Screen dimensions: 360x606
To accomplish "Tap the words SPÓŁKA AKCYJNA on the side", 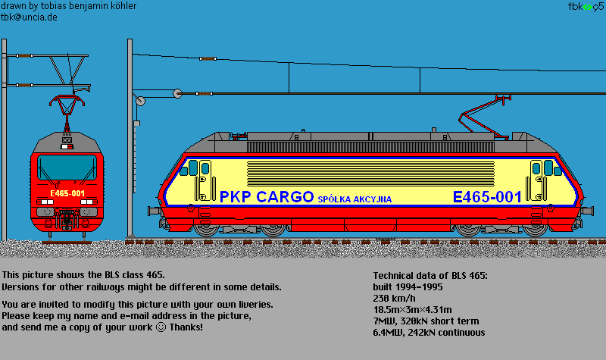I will click(355, 199).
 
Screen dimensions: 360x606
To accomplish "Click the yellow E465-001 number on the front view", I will click(67, 194).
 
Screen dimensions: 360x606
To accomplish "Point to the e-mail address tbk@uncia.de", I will click(30, 16).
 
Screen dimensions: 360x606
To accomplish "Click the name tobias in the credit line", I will click(61, 5).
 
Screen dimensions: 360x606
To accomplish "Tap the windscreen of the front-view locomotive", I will click(67, 167).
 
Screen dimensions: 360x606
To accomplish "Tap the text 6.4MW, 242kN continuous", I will click(429, 332).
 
